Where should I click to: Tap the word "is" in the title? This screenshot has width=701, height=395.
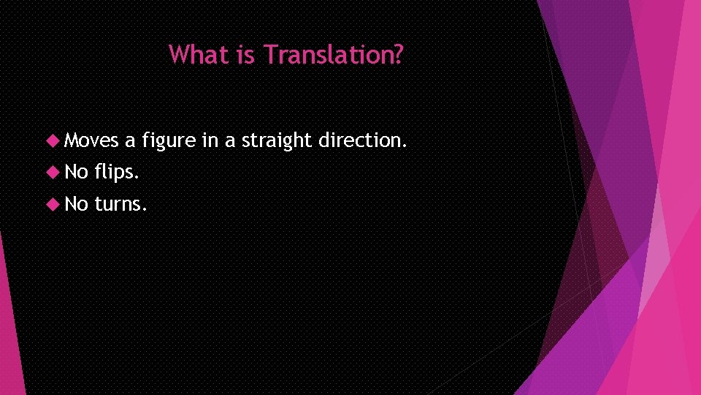(x=246, y=54)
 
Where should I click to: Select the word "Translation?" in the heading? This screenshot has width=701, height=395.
(x=333, y=54)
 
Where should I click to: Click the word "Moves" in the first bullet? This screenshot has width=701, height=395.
(x=91, y=140)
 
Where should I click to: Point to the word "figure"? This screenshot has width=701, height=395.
(x=169, y=141)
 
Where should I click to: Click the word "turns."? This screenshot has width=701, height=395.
(x=121, y=204)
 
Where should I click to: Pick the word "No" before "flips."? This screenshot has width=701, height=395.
(x=76, y=172)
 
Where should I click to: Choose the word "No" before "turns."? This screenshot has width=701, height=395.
(x=76, y=203)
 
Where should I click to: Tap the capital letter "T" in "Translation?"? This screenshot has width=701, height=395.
(x=271, y=54)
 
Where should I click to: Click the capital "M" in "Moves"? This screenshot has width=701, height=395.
(x=71, y=140)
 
